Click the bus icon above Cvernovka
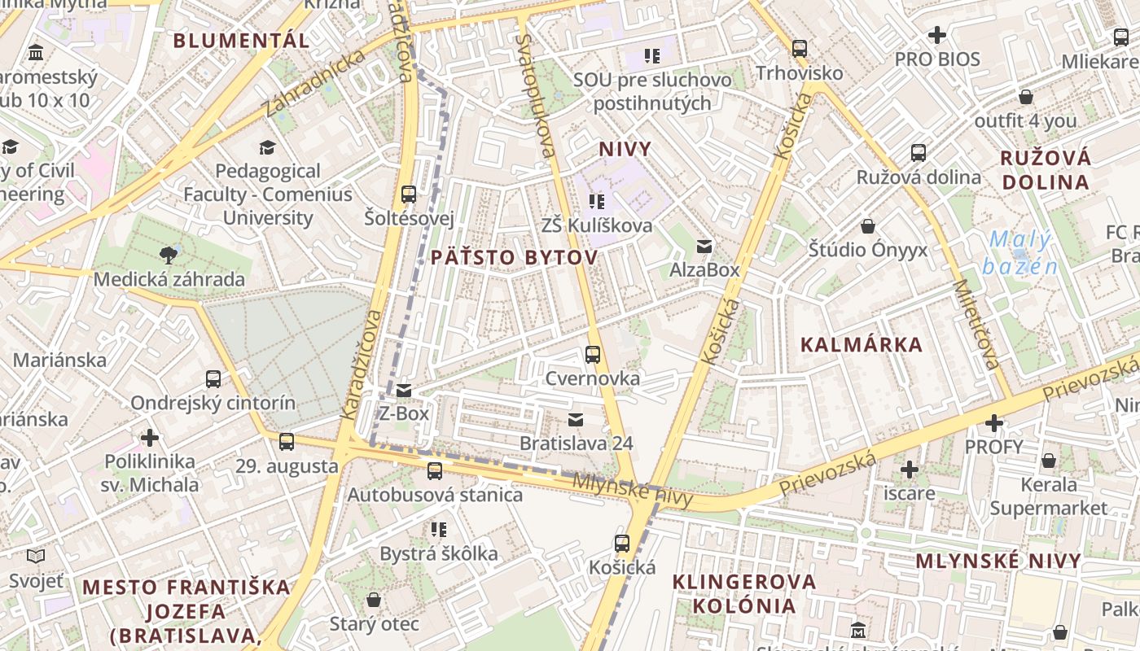coord(593,355)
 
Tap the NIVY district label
coord(625,149)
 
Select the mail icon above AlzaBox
coord(704,247)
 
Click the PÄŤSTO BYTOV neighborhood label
coord(514,257)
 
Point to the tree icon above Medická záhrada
coord(169,256)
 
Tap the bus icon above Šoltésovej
coord(409,194)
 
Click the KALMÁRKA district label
coord(862,344)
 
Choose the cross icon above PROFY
coord(993,423)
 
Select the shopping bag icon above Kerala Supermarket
coord(1049,461)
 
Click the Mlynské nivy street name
coord(632,489)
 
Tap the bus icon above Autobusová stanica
coord(435,470)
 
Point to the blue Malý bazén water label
coord(1019,253)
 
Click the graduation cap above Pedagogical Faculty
coord(267,147)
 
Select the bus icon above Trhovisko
coord(800,49)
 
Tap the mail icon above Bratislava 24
coord(576,420)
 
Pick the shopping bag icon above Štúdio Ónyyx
coord(868,225)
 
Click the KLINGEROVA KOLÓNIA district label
coord(744,593)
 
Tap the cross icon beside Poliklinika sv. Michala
coord(150,438)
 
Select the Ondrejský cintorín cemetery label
coord(213,403)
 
